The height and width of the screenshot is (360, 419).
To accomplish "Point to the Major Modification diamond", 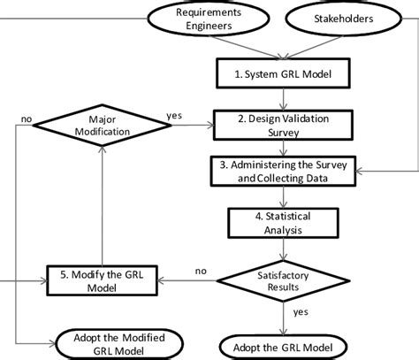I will [x=104, y=125].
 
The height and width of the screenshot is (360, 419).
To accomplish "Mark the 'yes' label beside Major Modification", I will [x=175, y=115].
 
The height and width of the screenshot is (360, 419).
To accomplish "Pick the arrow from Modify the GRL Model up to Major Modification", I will [x=104, y=203].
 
